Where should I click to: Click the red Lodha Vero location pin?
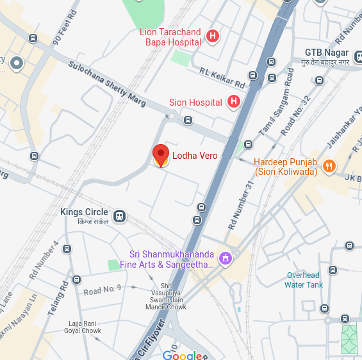pos(161,154)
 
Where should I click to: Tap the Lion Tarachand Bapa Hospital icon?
pos(213,37)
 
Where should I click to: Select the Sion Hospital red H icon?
pos(234,102)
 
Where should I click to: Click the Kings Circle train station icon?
pos(119,216)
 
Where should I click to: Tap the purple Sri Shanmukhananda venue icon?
pos(225,259)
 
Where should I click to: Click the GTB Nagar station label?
pos(326,53)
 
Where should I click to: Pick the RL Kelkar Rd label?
pos(222,78)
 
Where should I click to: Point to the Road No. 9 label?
pos(102,290)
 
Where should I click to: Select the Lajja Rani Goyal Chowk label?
pos(82,327)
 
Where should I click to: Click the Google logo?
pos(182,356)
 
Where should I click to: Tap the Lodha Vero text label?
pos(195,156)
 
